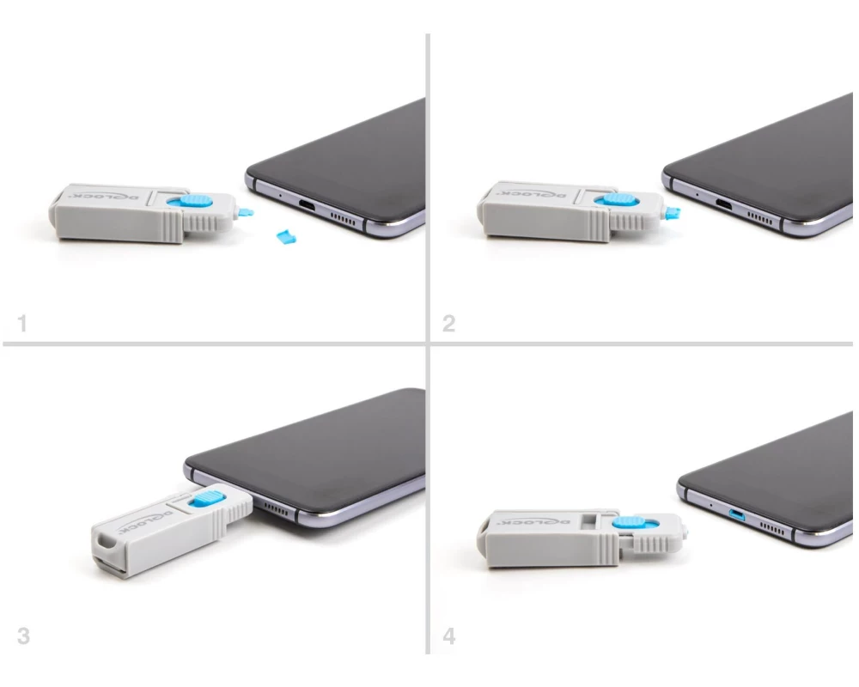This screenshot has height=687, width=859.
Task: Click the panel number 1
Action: pos(22,323)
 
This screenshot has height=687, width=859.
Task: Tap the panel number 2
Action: pos(448,323)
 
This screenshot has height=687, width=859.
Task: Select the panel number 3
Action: pos(23,636)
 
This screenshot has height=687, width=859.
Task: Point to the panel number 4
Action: pos(448,636)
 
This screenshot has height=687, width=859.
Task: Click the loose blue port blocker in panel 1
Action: pos(286,237)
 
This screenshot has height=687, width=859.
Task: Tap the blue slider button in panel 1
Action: pos(192,200)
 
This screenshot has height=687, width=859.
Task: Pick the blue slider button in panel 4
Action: pos(633,522)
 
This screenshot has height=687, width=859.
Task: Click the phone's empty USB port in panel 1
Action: pos(308,207)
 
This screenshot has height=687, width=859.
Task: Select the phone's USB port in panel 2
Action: pos(724,205)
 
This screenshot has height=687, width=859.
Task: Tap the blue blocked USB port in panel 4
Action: pos(737,515)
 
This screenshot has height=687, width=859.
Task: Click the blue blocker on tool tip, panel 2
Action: pos(672,213)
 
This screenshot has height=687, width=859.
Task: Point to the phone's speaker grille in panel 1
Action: pos(344,219)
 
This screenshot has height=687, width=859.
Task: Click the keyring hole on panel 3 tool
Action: pos(103,544)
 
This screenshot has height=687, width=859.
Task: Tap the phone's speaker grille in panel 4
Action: pos(771,529)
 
